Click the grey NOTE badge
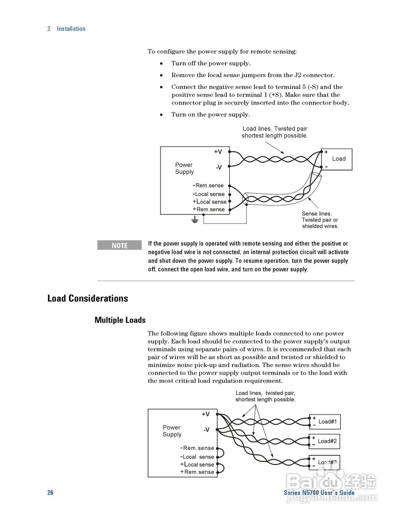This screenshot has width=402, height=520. pyautogui.click(x=119, y=245)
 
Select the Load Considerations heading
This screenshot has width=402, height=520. pyautogui.click(x=87, y=298)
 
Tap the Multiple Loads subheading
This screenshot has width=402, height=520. pyautogui.click(x=120, y=320)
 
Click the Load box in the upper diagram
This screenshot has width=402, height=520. pyautogui.click(x=337, y=159)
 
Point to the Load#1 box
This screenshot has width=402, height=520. pyautogui.click(x=325, y=422)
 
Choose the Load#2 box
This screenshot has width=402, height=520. pyautogui.click(x=324, y=441)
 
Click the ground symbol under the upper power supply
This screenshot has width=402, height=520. pyautogui.click(x=195, y=220)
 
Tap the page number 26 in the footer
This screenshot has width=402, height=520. pyautogui.click(x=50, y=492)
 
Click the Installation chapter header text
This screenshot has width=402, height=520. pyautogui.click(x=71, y=29)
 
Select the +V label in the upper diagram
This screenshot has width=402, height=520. pyautogui.click(x=218, y=152)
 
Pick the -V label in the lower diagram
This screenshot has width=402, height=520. pyautogui.click(x=206, y=430)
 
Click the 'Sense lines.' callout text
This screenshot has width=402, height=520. pyautogui.click(x=317, y=214)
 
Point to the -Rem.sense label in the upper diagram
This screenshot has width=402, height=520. pyautogui.click(x=208, y=185)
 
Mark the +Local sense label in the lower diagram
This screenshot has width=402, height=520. pyautogui.click(x=197, y=464)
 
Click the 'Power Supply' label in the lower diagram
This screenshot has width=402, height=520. pyautogui.click(x=172, y=431)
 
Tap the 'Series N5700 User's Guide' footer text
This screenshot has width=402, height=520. pyautogui.click(x=319, y=492)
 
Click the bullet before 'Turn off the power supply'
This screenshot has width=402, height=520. pyautogui.click(x=161, y=63)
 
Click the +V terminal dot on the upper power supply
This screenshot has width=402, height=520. pyautogui.click(x=230, y=152)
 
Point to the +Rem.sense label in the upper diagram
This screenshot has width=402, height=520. pyautogui.click(x=209, y=209)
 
